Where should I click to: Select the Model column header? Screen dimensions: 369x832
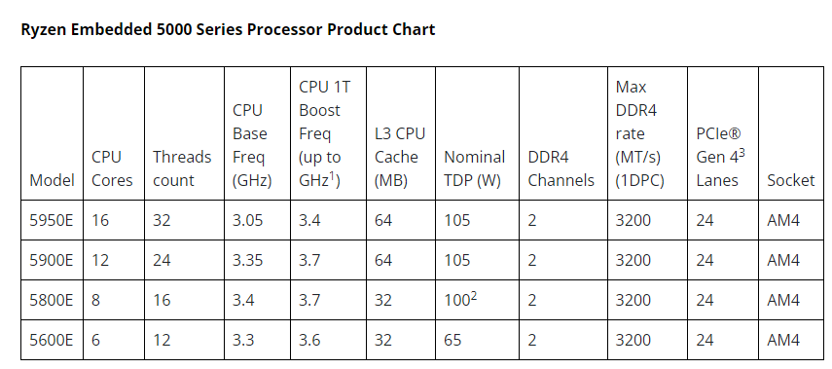pos(52,180)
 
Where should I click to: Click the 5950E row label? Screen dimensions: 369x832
pos(52,220)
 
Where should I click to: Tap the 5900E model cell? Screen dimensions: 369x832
pos(52,260)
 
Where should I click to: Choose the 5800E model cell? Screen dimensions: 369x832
pos(52,300)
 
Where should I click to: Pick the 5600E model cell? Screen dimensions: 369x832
pos(52,340)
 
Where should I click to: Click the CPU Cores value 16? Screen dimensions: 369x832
pos(100,220)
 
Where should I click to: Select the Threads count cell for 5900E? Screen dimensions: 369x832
pos(162,260)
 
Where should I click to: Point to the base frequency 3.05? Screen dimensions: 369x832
pos(248,220)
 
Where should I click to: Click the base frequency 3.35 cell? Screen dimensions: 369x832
pos(248,260)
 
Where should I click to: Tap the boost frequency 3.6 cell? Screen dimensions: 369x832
pos(309,340)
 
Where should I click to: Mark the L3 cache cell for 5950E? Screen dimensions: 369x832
pos(383,220)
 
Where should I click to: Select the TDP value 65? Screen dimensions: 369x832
pos(452,340)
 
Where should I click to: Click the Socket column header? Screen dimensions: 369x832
pos(790,180)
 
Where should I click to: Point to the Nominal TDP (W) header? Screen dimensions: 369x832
pos(474,168)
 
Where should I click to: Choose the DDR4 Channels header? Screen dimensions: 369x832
pos(561,168)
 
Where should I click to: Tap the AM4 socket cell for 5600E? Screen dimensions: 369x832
pos(783,340)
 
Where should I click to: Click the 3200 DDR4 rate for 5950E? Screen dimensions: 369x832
pos(633,220)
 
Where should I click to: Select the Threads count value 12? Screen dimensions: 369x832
pos(162,340)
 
